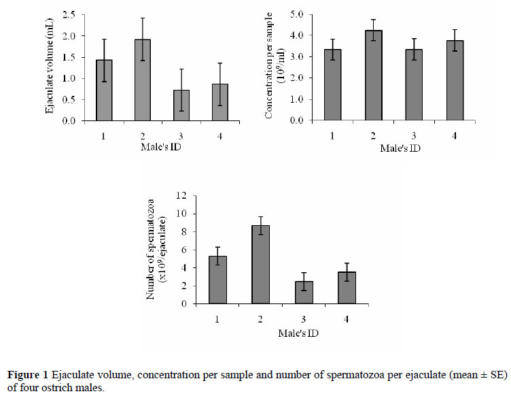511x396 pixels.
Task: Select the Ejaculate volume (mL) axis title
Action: tap(51, 67)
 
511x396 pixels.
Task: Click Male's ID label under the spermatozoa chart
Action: tap(299, 333)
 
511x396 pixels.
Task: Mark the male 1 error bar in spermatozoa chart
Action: tap(217, 256)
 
